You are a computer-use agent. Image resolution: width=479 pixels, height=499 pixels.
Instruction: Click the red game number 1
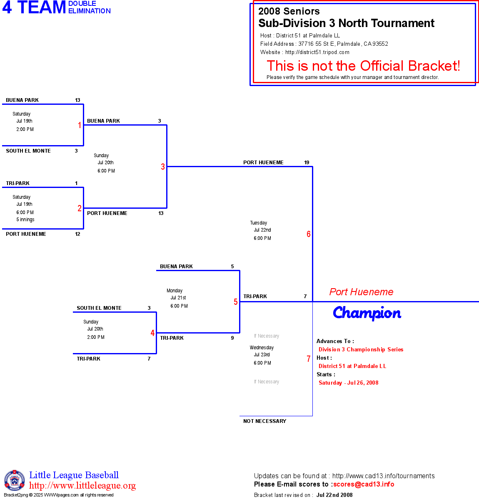click(80, 125)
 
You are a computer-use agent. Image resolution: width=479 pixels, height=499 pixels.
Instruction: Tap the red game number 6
click(309, 234)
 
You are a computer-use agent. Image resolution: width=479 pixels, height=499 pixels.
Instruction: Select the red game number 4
click(152, 333)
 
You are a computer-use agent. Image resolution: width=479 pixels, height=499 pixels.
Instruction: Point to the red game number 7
click(309, 359)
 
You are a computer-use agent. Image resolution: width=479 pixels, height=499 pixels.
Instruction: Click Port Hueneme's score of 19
click(307, 163)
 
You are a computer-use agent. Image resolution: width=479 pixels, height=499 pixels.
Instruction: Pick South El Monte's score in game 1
click(76, 151)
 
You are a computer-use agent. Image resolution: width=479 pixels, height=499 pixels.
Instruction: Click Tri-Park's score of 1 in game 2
click(76, 183)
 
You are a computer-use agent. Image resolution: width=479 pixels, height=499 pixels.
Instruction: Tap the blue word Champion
click(367, 313)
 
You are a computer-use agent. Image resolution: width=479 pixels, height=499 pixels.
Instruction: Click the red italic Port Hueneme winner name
click(361, 292)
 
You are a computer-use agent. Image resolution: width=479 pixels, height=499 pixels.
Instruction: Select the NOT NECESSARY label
click(264, 421)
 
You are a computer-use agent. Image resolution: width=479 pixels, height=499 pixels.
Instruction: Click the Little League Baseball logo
click(15, 480)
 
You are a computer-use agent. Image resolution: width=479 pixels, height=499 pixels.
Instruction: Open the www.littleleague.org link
click(82, 486)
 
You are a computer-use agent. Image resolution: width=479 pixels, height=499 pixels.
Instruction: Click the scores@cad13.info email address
click(364, 484)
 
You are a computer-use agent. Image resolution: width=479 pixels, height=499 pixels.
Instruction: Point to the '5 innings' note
click(25, 220)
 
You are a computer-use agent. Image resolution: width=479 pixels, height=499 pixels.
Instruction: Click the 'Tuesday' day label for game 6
click(259, 223)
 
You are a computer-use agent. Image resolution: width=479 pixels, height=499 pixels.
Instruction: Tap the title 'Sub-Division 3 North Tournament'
click(346, 23)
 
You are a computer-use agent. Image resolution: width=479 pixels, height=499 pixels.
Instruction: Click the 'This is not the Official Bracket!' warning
click(363, 66)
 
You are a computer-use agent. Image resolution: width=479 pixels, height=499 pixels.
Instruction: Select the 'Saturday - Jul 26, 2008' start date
click(348, 383)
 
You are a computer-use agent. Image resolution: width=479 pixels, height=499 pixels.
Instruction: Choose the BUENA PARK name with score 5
click(176, 267)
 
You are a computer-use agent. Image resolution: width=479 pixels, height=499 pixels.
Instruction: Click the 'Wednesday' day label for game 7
click(262, 348)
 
